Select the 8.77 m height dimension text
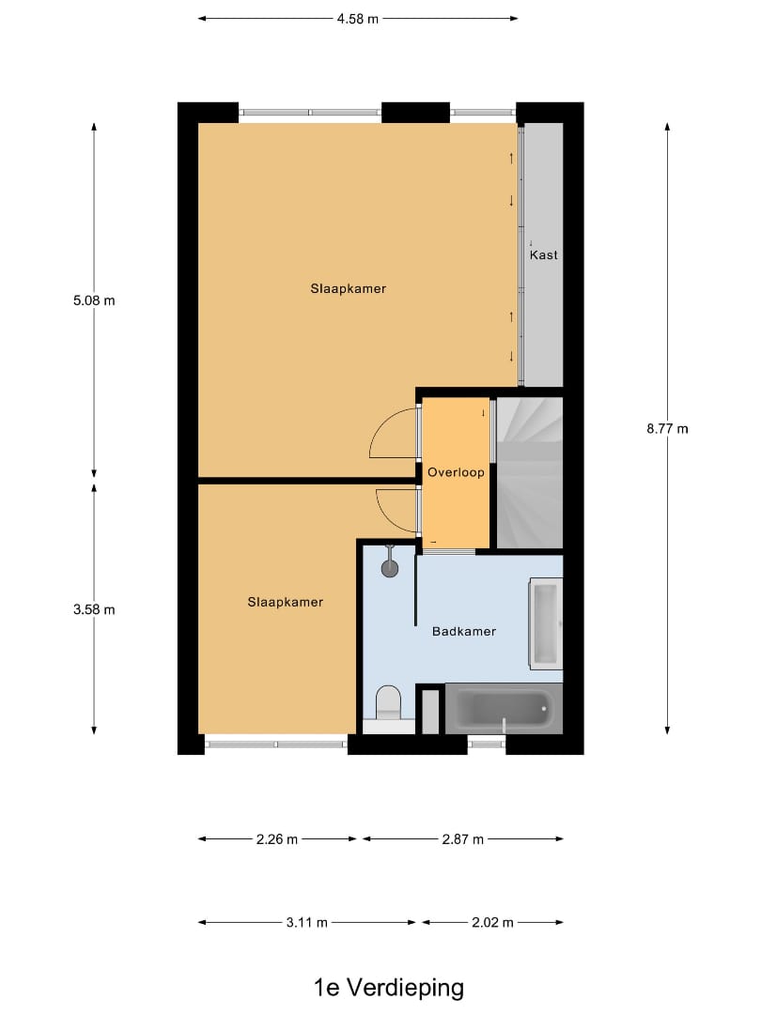[667, 429]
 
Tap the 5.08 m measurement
[94, 301]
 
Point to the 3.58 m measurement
[94, 609]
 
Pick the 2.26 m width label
[277, 839]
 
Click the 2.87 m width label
[463, 839]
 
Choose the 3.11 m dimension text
[307, 922]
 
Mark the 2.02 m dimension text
[493, 922]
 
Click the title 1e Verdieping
[389, 987]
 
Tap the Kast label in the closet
[543, 255]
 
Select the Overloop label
[456, 472]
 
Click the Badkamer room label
[463, 632]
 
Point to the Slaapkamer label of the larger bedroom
[349, 289]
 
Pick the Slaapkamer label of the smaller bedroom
[285, 602]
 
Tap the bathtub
[503, 709]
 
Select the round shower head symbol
[390, 566]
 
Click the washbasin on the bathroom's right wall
[545, 620]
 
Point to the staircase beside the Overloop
[529, 472]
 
